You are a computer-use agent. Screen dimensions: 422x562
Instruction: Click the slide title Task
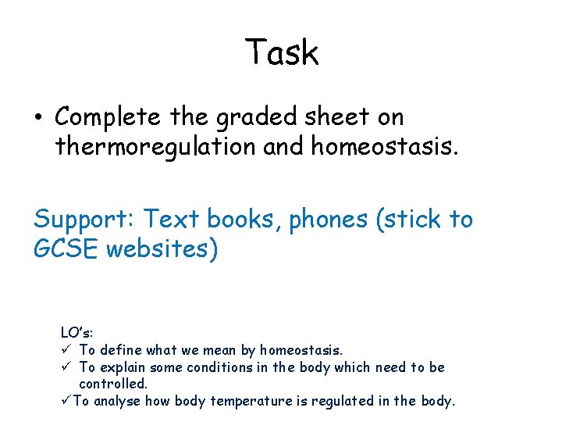[x=281, y=53]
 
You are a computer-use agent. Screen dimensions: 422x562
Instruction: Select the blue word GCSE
[x=66, y=249]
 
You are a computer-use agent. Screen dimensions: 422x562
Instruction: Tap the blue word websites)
[x=162, y=249]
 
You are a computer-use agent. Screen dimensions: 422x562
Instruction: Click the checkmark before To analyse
[x=66, y=402]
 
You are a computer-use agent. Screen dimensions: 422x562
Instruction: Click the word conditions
[x=217, y=367]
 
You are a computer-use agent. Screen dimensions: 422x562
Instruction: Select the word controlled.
[x=113, y=384]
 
